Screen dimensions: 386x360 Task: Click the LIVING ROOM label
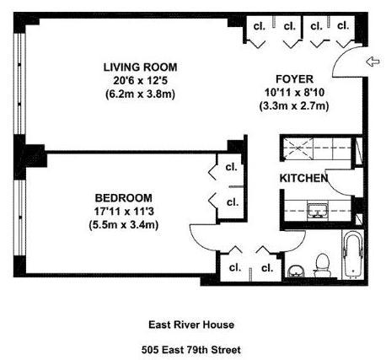140,67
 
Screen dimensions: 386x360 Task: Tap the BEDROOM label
124,198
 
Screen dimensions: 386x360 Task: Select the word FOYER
294,79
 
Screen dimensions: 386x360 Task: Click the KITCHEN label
303,178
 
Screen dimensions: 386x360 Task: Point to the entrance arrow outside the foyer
373,62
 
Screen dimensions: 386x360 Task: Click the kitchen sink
318,211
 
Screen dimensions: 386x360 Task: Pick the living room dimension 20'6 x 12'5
140,81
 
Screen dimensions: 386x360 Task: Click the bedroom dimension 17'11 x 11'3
124,212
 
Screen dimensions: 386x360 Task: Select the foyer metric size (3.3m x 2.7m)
294,106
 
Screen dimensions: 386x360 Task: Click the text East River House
191,325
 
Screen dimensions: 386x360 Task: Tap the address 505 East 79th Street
191,350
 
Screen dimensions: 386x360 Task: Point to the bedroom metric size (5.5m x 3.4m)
124,225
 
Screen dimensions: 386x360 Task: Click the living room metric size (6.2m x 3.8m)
140,94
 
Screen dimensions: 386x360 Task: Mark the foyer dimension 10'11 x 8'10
294,93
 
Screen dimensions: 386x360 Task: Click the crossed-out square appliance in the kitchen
298,148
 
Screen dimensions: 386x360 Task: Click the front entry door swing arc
340,57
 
